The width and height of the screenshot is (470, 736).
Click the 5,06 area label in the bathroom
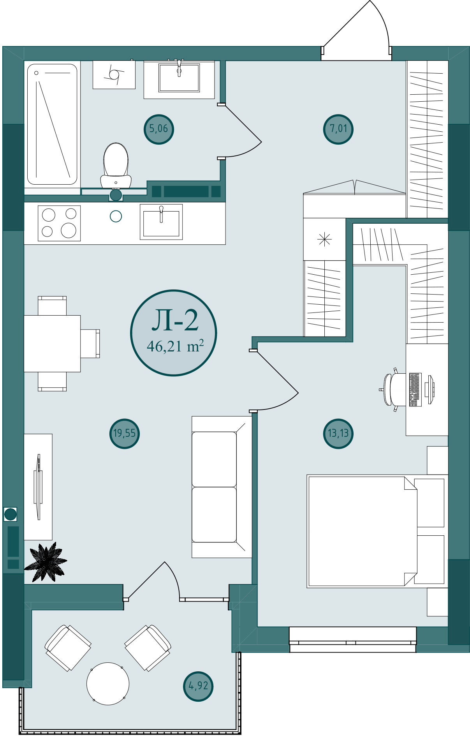tap(159, 129)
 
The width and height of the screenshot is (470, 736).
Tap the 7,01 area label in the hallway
tap(338, 129)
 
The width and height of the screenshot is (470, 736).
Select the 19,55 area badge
tap(125, 434)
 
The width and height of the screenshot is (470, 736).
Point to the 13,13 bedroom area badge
tap(338, 434)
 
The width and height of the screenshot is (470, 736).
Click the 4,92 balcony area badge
tap(198, 686)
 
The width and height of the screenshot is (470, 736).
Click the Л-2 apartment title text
tap(175, 321)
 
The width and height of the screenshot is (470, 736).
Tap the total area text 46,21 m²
tap(175, 346)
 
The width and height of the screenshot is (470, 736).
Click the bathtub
tap(52, 124)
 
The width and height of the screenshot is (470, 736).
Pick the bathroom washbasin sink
tap(179, 78)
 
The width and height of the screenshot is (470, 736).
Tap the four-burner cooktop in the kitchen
tap(59, 223)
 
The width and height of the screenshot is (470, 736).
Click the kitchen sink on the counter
tap(161, 222)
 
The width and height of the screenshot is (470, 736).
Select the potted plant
tap(46, 562)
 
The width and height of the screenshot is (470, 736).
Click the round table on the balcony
tap(108, 683)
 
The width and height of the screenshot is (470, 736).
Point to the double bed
tap(376, 531)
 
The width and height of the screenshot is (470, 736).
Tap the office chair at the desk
tap(393, 390)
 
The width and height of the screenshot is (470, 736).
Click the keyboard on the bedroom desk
tap(415, 390)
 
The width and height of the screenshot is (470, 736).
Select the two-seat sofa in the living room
tap(222, 487)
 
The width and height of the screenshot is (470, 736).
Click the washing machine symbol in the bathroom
tap(114, 74)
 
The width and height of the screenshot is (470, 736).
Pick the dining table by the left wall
tap(52, 344)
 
